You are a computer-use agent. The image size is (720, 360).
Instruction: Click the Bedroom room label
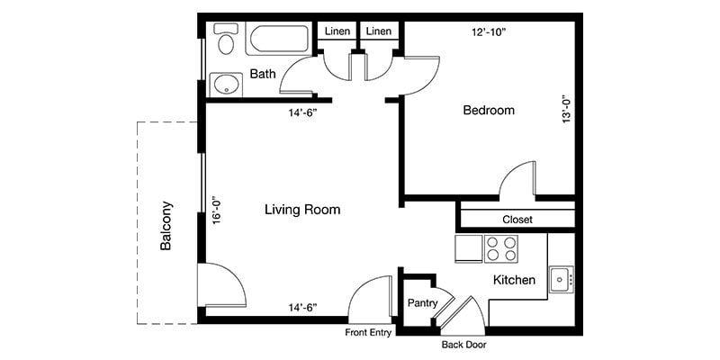point(488,111)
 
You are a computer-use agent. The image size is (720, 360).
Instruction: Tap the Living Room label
point(302,210)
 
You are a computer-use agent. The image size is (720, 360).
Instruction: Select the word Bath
point(263,74)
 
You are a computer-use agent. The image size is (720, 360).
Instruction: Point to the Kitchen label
point(514,281)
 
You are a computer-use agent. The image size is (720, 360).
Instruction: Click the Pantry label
point(422,303)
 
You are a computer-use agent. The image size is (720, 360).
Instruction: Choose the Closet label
point(517,219)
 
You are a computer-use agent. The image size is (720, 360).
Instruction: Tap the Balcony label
point(166,225)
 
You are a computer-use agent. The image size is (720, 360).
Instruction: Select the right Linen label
point(379,31)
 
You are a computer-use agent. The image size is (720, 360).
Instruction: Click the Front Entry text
point(367,333)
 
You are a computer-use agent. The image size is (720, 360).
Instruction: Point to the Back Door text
point(463,345)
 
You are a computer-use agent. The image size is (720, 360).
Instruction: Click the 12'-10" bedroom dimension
point(489,31)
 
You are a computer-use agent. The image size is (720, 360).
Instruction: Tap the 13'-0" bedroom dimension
point(566,110)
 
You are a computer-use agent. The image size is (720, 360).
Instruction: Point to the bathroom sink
point(225,85)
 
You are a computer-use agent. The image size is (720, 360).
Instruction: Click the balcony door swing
point(220,286)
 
